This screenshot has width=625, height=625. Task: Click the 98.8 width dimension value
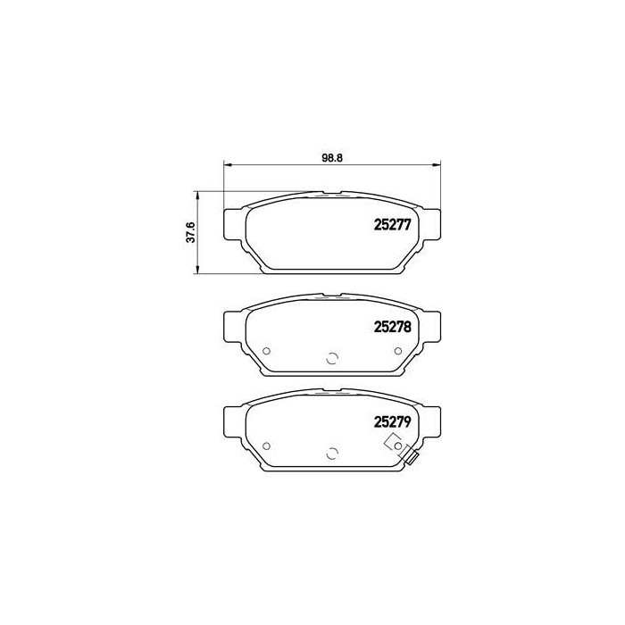[x=332, y=158]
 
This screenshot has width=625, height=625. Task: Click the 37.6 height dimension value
[x=191, y=232]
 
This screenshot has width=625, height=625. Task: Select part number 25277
[x=392, y=225]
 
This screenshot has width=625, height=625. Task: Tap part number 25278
[x=392, y=327]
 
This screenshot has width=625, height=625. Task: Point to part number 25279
[x=392, y=421]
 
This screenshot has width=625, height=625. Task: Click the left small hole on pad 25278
[x=267, y=351]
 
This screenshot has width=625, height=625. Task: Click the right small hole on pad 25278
[x=398, y=351]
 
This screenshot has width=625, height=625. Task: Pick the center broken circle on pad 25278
[x=332, y=359]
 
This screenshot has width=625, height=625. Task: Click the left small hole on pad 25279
[x=267, y=446]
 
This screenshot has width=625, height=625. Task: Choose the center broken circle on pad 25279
[x=332, y=454]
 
